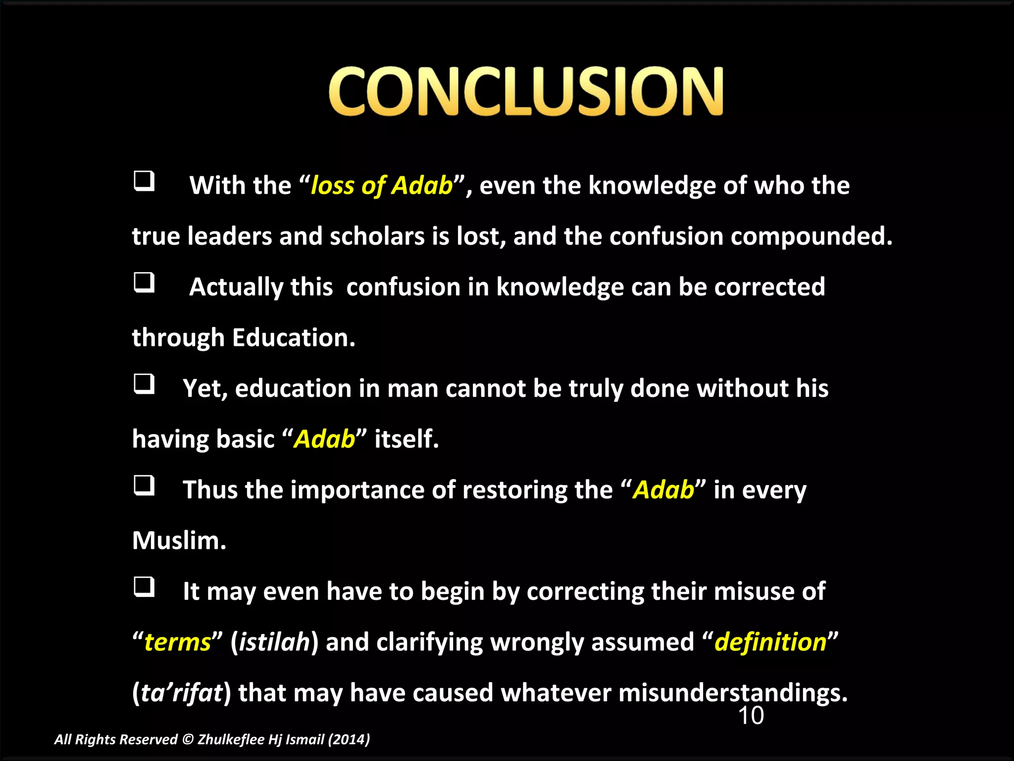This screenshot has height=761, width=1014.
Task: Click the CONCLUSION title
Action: [526, 92]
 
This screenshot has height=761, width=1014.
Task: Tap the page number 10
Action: [751, 716]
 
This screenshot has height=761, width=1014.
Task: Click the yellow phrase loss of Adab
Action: [381, 186]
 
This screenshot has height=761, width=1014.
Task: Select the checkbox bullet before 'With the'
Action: [144, 181]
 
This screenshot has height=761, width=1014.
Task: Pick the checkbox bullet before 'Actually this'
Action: [144, 283]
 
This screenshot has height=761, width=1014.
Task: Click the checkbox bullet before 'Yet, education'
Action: [144, 384]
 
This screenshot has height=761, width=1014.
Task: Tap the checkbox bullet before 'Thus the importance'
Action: [144, 486]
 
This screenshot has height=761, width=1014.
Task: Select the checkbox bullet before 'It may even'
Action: [144, 587]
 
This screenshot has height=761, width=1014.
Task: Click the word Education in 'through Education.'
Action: [293, 338]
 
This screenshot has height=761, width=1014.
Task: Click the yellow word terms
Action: [178, 643]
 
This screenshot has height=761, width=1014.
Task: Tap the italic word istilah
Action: [274, 643]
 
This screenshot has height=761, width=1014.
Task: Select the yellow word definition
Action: [770, 643]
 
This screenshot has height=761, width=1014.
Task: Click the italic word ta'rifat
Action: [182, 693]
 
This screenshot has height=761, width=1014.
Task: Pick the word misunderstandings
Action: [733, 693]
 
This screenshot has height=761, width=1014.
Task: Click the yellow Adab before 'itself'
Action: [324, 439]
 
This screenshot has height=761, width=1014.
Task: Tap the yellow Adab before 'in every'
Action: [663, 490]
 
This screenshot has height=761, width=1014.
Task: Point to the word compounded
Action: [811, 236]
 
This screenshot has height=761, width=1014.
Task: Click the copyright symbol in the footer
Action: [187, 740]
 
